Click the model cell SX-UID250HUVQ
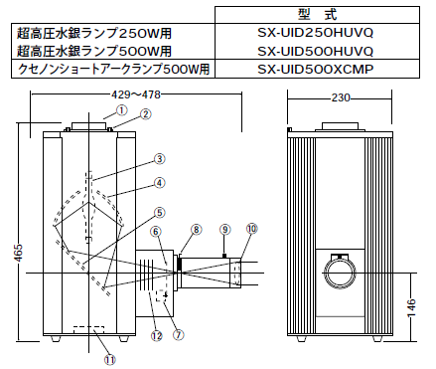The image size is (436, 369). coord(315,33)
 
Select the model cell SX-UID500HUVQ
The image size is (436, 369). coord(315,51)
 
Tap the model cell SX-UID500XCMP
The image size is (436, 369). coord(315,69)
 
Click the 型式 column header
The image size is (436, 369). coord(317,15)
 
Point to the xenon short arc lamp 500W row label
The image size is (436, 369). coord(113,69)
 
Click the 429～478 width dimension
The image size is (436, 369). coord(136,94)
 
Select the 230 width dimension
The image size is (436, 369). coord(341,97)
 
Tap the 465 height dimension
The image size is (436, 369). coord(20,253)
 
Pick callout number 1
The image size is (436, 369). coord(122,110)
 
